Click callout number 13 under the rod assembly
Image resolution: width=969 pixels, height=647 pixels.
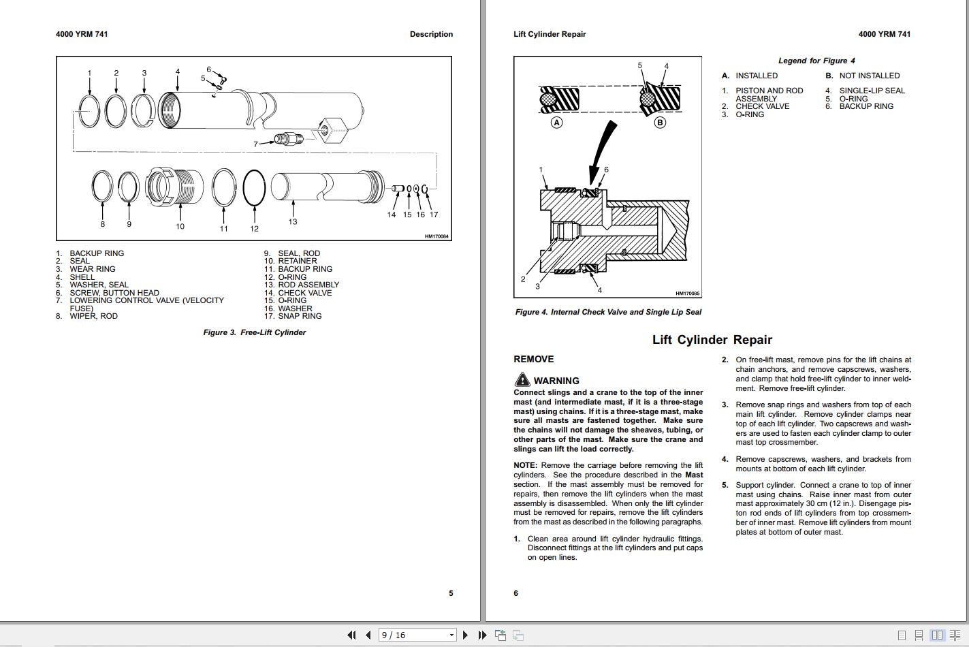[x=293, y=221]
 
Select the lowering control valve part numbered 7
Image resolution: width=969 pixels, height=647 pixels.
[x=287, y=140]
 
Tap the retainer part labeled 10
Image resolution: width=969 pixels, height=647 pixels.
[x=176, y=187]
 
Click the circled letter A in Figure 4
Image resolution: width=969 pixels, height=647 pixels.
[x=557, y=123]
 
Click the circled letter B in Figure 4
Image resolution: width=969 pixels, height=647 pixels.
[x=659, y=123]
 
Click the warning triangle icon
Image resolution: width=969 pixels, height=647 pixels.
[x=522, y=380]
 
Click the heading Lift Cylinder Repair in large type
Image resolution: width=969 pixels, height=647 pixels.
[x=712, y=339]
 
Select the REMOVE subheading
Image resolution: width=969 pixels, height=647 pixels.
[x=533, y=359]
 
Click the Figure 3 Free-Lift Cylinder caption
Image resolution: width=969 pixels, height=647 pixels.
[x=254, y=332]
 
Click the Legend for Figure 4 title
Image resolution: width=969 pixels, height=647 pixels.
[x=816, y=61]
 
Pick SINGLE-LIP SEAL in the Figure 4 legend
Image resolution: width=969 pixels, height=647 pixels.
[x=872, y=91]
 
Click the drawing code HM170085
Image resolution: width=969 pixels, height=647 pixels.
[x=687, y=294]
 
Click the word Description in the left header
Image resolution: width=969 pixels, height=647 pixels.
[x=431, y=34]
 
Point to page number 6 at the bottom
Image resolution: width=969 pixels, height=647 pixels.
[x=515, y=593]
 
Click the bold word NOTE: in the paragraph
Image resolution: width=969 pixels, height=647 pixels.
[x=525, y=466]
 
